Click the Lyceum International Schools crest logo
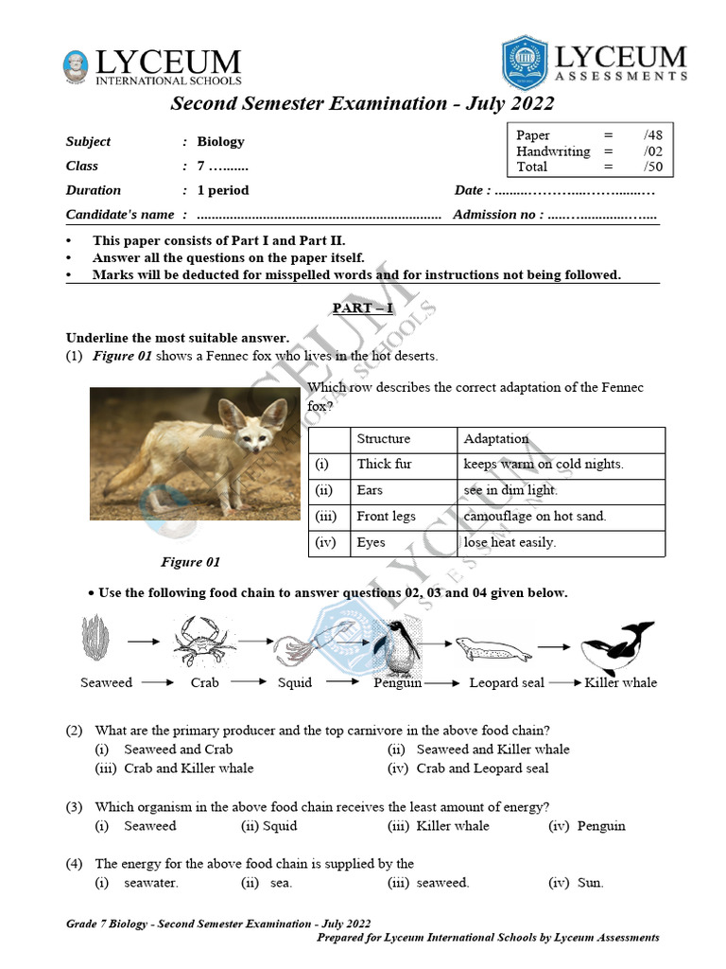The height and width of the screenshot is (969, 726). pos(76,65)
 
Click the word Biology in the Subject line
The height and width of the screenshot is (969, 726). pos(220,142)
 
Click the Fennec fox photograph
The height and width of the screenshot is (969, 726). pos(194,453)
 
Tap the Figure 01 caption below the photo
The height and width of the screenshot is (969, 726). pos(190,562)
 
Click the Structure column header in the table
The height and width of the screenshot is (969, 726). pos(383,439)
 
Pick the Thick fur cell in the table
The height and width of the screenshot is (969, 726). pos(384,465)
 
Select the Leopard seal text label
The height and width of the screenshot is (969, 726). pos(507,683)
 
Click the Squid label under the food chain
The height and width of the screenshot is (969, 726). pos(294,683)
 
